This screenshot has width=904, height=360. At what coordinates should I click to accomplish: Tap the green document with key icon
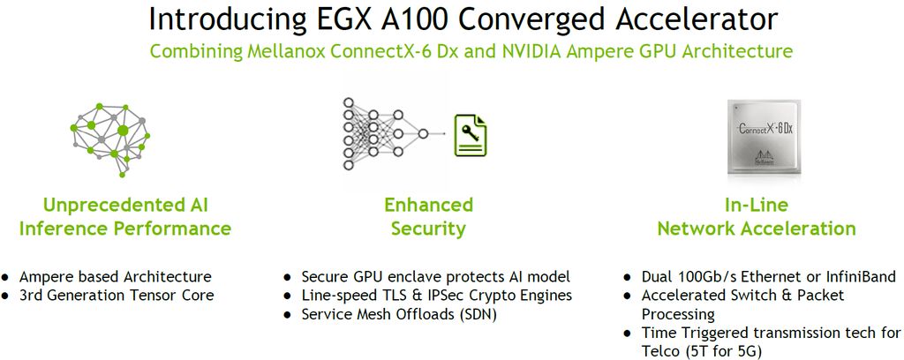point(470,135)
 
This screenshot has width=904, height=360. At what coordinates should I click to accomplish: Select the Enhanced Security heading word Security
point(429,229)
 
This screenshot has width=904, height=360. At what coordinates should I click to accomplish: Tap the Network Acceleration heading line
point(756,229)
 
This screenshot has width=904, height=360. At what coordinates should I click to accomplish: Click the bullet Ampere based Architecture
point(116,276)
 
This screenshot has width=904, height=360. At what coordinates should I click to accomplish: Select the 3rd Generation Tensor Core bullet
point(117,295)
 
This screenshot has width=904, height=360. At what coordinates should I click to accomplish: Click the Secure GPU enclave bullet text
point(436,276)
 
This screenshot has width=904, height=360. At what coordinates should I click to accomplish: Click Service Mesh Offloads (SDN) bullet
point(400,313)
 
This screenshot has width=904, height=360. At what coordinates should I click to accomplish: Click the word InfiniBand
point(854,276)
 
